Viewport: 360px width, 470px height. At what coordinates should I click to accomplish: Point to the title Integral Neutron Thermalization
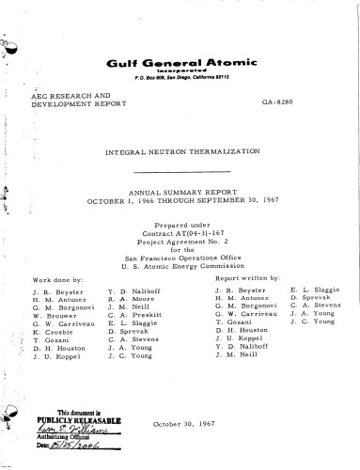[181, 150]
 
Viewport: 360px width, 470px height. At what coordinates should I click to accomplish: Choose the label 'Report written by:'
[248, 278]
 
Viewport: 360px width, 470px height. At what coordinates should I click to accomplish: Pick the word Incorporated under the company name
[180, 70]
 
